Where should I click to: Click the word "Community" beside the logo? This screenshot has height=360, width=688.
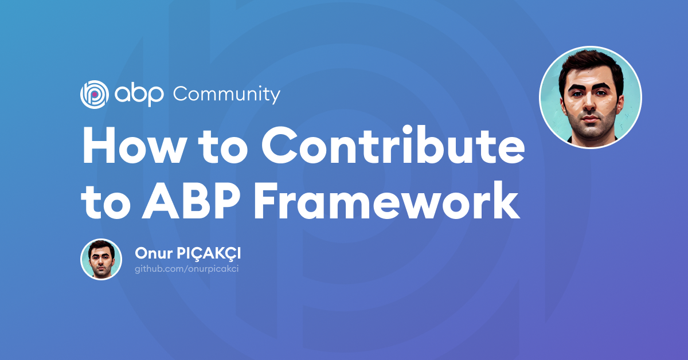pos(226,94)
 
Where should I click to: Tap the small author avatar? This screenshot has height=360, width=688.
pos(101,259)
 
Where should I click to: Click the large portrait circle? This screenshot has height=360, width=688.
pos(590,97)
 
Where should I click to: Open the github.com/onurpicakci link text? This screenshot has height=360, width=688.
pos(186,268)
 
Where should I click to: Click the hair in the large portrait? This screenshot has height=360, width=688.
pos(591,63)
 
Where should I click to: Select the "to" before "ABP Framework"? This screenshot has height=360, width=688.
pos(105,202)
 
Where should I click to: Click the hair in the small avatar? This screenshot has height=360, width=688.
pos(101,245)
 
